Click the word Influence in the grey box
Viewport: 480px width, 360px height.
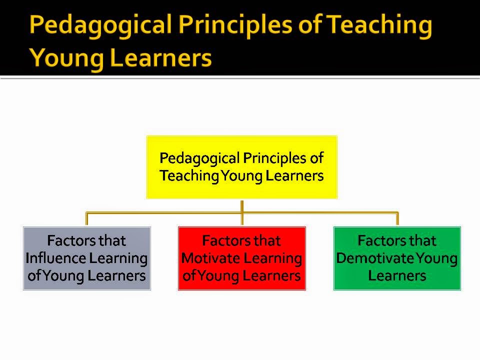point(55,258)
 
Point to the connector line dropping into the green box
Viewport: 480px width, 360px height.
point(397,219)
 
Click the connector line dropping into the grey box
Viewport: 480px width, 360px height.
point(86,219)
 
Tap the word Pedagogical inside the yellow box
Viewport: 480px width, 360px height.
point(199,158)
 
